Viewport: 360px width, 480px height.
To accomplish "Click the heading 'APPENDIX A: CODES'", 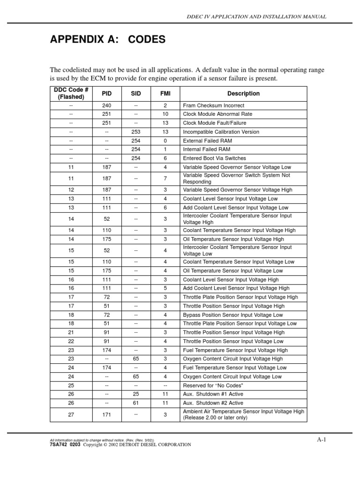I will click(x=108, y=40).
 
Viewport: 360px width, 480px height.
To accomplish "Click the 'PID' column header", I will click(x=107, y=94).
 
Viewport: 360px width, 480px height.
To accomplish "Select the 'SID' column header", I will click(x=136, y=94).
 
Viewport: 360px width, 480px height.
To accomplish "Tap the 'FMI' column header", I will click(x=165, y=94).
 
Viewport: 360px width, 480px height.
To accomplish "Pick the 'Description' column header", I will click(x=243, y=94).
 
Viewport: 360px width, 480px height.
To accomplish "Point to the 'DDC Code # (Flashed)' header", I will click(x=71, y=94).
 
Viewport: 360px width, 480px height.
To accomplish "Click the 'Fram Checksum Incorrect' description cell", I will click(x=213, y=106).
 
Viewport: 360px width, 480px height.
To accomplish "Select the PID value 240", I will click(x=107, y=106).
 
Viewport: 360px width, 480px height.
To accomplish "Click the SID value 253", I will click(x=136, y=132).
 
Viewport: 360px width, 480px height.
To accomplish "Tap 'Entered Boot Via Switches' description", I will click(x=214, y=158).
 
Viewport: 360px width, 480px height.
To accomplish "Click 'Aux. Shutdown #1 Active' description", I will click(x=213, y=394).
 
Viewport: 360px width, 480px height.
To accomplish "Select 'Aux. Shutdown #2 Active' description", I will click(x=213, y=403).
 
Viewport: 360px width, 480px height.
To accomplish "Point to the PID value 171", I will click(x=107, y=414).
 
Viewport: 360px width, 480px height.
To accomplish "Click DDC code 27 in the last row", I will click(x=71, y=414).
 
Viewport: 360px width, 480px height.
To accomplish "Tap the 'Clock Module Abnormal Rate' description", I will click(x=217, y=114).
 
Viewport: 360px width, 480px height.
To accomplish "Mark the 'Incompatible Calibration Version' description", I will click(x=221, y=132).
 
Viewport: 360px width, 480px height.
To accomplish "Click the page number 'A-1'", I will click(x=321, y=440).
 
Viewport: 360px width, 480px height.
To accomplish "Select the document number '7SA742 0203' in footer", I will click(x=65, y=444).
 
